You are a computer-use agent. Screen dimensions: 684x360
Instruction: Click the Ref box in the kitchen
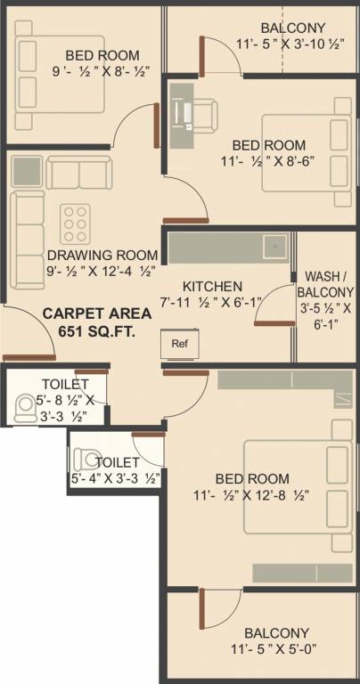(x=179, y=342)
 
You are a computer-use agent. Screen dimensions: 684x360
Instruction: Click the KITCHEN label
(x=212, y=286)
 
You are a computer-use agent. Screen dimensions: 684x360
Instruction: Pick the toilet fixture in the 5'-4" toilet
(x=87, y=459)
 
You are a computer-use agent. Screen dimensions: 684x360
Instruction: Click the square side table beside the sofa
(x=26, y=171)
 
